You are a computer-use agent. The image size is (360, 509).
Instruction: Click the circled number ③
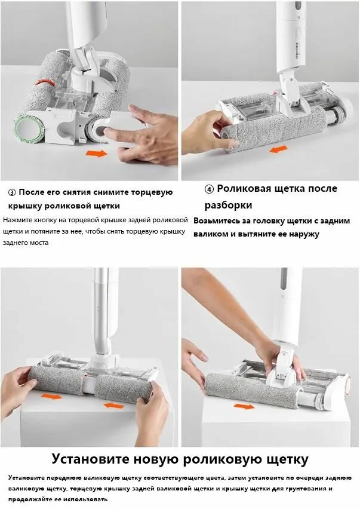click(x=12, y=192)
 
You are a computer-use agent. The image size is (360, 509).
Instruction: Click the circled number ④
click(x=209, y=189)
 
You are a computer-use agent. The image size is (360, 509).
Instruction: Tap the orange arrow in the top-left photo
click(x=96, y=154)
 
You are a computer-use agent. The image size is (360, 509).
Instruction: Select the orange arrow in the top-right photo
click(x=278, y=149)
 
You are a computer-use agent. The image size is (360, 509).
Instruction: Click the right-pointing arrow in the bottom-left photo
click(x=52, y=395)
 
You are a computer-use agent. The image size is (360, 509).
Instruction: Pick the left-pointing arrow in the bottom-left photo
click(x=113, y=405)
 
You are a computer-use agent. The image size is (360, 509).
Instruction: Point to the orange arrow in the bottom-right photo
click(x=244, y=406)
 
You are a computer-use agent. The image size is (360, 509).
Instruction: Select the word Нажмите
click(x=18, y=220)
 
